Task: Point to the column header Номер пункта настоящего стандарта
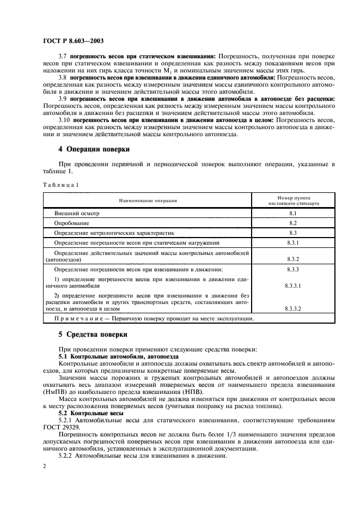click(293, 201)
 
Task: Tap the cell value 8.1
click(293, 214)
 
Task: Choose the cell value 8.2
click(293, 223)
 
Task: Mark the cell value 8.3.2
click(293, 260)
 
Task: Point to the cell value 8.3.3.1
click(293, 285)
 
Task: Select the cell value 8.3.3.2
click(293, 308)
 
